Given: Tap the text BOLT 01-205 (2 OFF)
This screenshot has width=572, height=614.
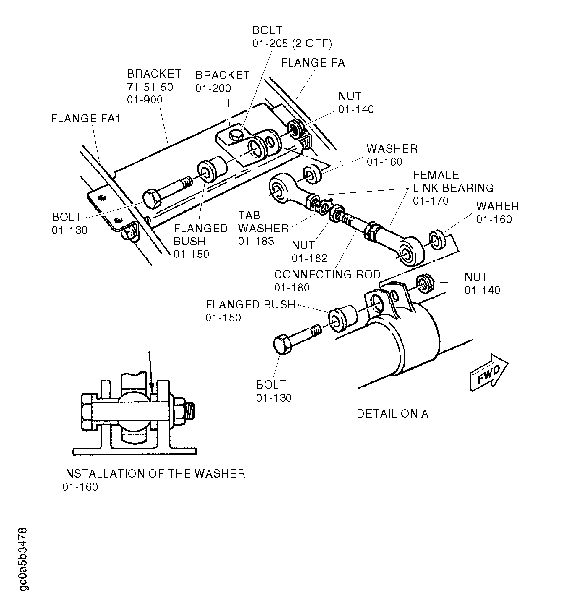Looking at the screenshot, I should click(292, 37).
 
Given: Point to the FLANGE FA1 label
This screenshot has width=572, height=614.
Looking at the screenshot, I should click(86, 119).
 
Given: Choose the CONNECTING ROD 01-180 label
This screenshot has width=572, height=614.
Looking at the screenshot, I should click(327, 281).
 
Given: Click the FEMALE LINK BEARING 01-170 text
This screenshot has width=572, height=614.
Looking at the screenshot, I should click(453, 188).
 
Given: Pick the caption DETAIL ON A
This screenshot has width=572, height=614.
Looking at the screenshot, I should click(392, 414).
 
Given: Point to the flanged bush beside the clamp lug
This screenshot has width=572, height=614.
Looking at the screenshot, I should click(342, 319).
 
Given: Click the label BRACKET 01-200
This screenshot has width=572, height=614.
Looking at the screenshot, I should click(222, 82).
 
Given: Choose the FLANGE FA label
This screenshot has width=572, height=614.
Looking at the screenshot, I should click(313, 63).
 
